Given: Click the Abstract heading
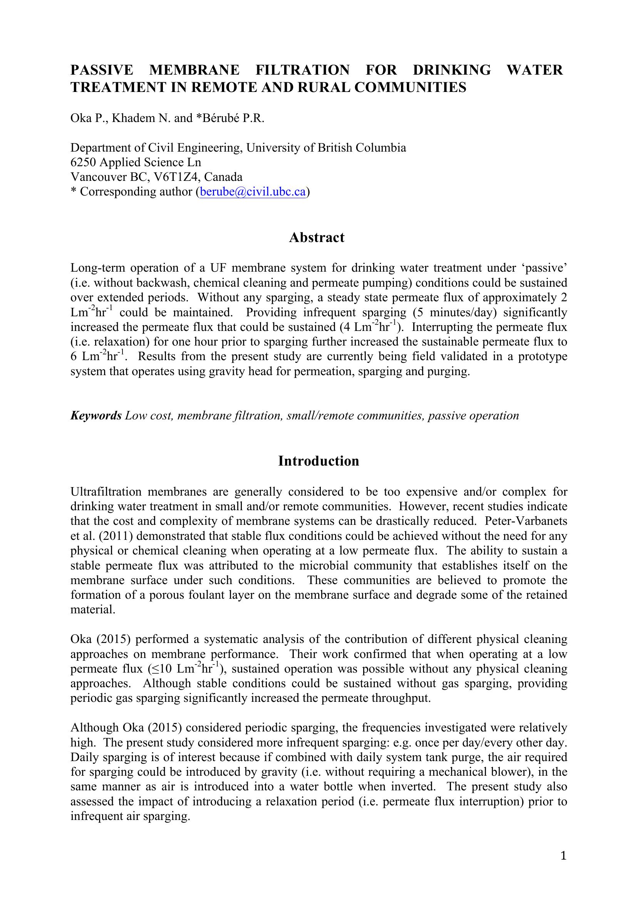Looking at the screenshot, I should coord(317,237).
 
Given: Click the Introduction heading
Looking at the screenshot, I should coord(318,461).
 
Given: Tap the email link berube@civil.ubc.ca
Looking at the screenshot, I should coord(253,192).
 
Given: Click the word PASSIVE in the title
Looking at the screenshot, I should coord(102,70).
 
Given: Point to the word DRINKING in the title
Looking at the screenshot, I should coord(451,70).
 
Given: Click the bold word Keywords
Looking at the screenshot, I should coord(96,416).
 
